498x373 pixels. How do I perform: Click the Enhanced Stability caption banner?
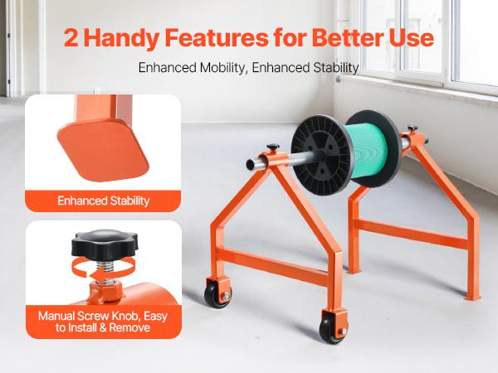[x=104, y=200]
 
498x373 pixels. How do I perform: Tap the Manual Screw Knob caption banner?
[x=104, y=321]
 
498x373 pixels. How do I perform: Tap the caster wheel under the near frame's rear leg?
[x=218, y=295]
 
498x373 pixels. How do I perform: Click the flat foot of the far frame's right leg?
[x=473, y=296]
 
